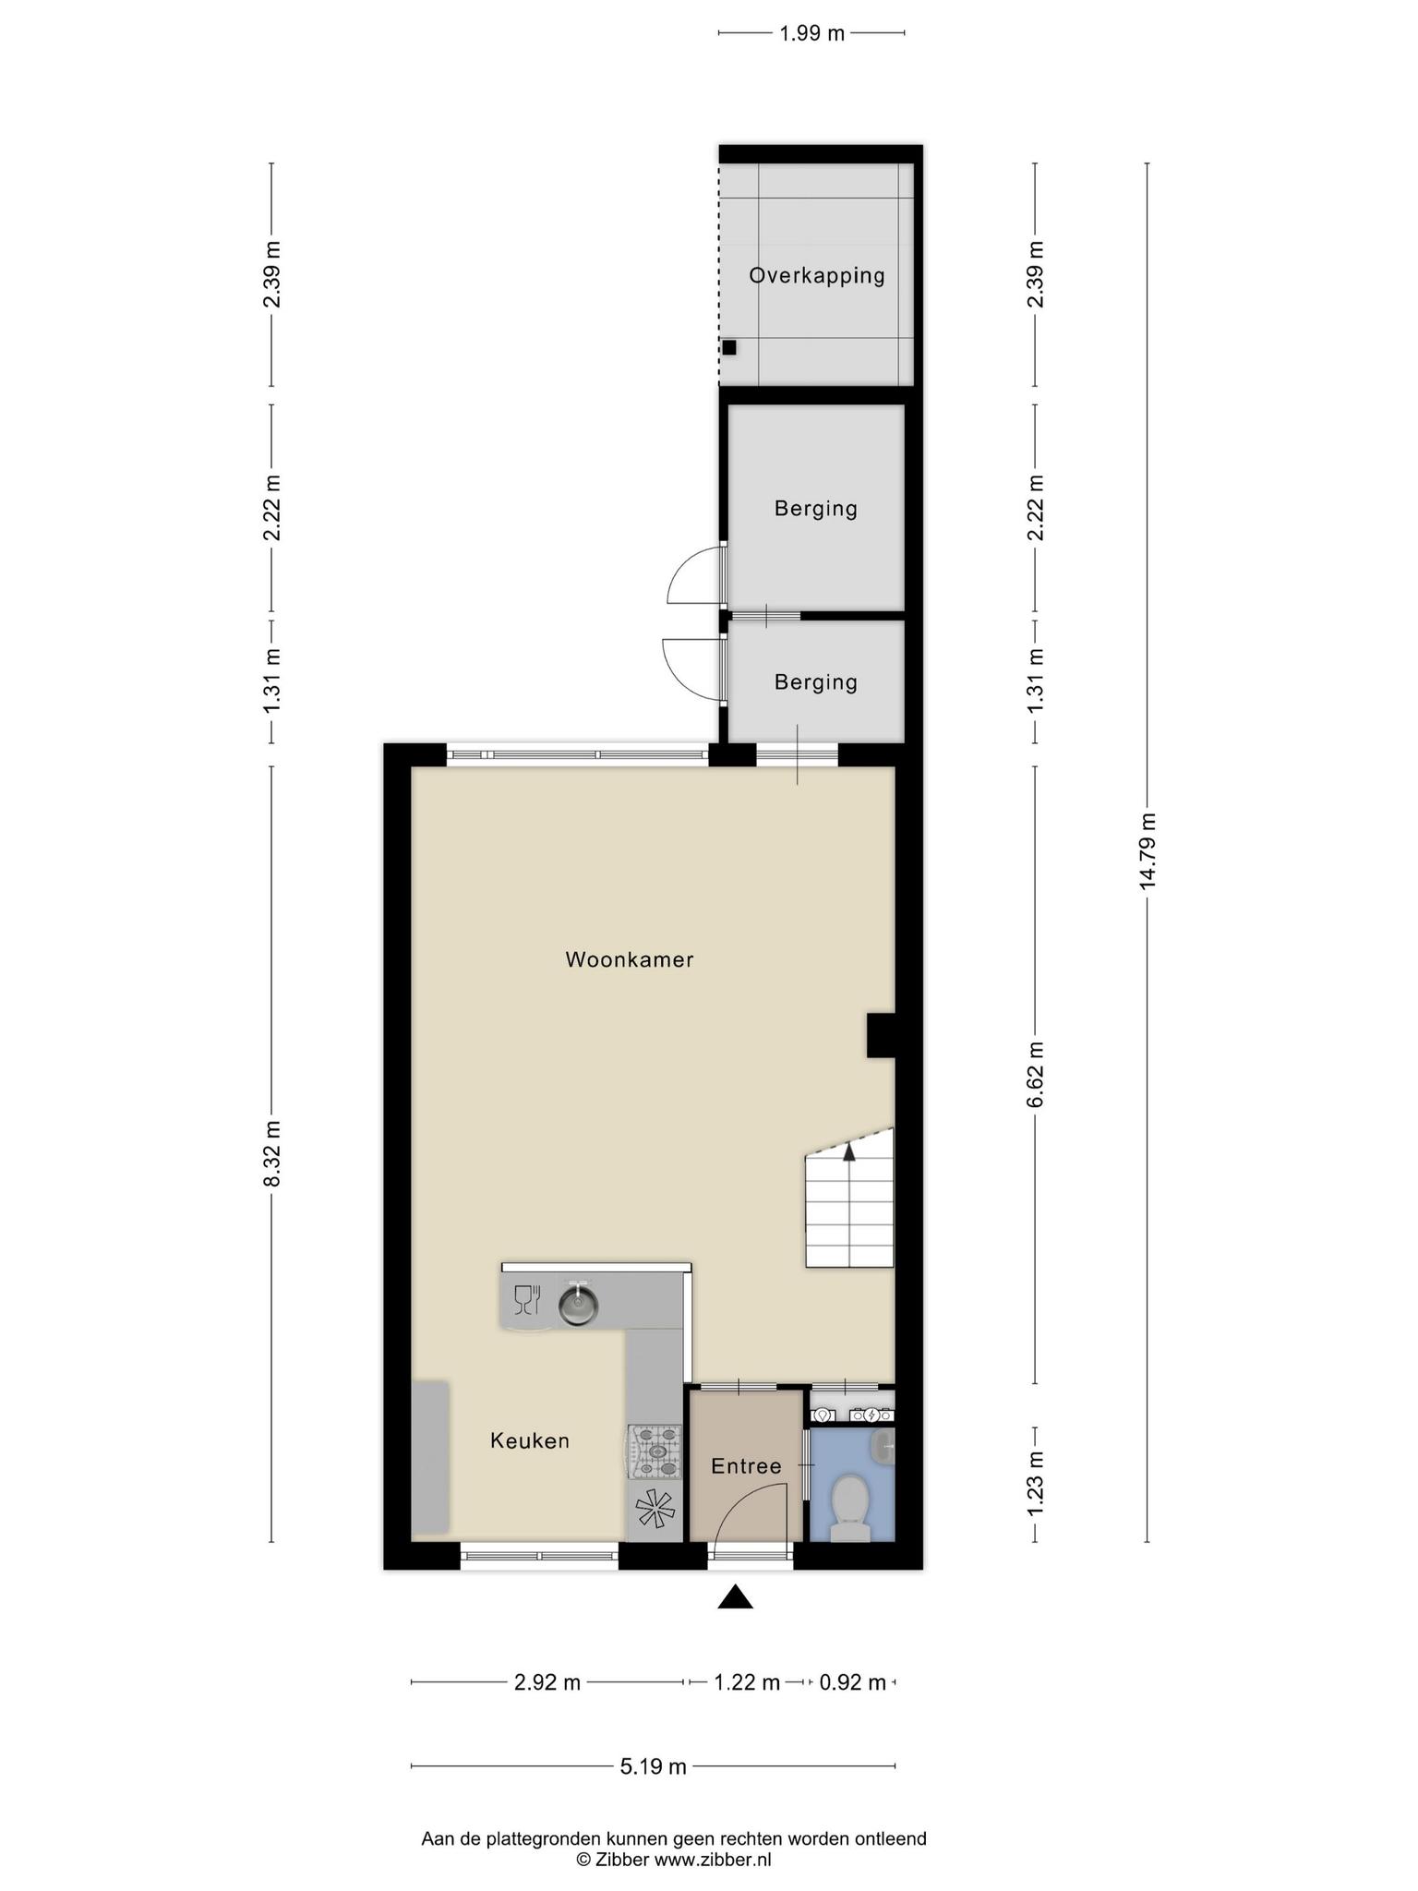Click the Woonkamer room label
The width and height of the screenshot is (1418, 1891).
coord(630,959)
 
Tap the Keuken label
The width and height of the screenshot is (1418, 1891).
coord(530,1440)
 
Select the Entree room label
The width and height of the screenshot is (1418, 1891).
coord(746,1465)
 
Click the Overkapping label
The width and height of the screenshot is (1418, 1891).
coord(817,275)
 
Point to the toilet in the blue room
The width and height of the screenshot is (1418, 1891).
coord(849,1506)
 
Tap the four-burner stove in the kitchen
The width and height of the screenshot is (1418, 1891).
coord(655,1451)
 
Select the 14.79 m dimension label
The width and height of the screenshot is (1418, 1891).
coord(1148,850)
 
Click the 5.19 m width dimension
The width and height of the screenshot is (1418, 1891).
coord(653,1766)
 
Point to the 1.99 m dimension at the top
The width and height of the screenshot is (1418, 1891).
coord(811,34)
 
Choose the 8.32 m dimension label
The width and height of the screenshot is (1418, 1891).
coord(271,1154)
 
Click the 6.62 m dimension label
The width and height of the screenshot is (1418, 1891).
coord(1036,1074)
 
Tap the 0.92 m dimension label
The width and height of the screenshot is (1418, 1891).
coord(853,1682)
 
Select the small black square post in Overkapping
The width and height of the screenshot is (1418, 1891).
coord(729,347)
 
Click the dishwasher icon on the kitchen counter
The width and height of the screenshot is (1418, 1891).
coord(526,1298)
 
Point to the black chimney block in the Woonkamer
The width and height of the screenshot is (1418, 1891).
coord(881,1035)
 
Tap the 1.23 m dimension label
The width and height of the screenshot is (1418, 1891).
coord(1036,1483)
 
